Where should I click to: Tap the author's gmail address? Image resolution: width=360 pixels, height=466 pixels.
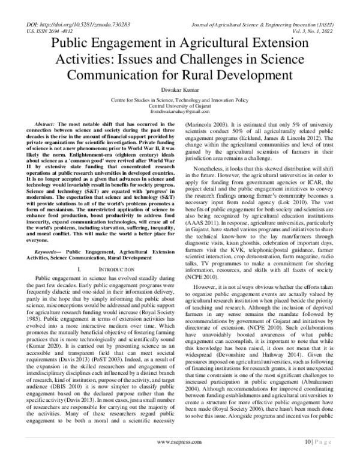(x=179, y=112)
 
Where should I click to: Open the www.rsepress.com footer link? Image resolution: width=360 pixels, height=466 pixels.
(x=179, y=456)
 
